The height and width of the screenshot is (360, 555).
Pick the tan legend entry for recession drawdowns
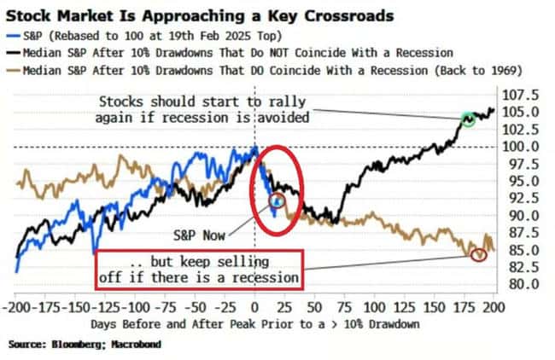(282, 70)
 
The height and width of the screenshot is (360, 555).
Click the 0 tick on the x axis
(254, 305)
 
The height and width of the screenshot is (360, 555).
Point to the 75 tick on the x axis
(344, 305)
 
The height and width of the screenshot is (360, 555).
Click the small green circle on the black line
(467, 119)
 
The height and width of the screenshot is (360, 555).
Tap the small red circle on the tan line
(478, 253)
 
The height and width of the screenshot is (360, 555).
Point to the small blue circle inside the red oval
(276, 201)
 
